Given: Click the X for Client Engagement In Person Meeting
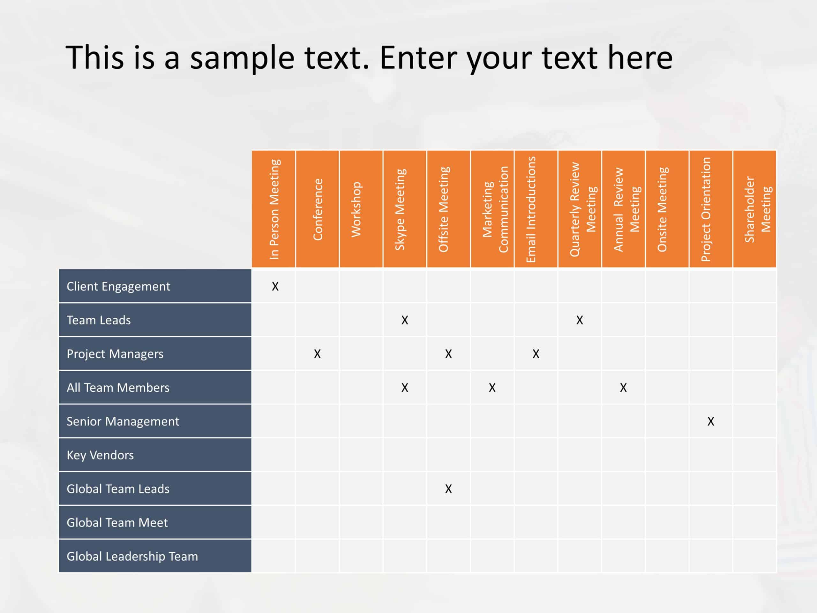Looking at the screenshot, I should click(275, 286).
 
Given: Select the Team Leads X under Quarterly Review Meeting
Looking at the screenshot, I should click(580, 320).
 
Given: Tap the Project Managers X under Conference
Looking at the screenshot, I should click(317, 354).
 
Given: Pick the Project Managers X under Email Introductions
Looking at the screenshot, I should click(536, 354).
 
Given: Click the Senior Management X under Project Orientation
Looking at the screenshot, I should click(711, 421).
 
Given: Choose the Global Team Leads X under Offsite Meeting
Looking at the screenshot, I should click(448, 489).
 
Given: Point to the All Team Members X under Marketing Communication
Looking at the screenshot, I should click(492, 388).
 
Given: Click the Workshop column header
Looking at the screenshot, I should click(361, 209).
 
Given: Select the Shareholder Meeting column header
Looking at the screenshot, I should click(754, 209).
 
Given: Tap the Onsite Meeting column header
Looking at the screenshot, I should click(667, 209).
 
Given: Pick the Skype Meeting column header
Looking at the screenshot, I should click(405, 209).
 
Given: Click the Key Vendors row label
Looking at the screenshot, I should click(100, 455).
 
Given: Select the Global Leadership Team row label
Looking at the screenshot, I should click(132, 556).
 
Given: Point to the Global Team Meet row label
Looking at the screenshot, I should click(117, 522).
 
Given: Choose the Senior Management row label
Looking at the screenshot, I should click(123, 421).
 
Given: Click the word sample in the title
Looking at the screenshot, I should click(242, 58).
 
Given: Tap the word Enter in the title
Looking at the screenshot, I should click(418, 58).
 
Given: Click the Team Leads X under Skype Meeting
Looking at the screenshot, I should click(405, 320).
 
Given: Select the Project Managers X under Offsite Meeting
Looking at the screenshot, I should click(448, 354).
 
